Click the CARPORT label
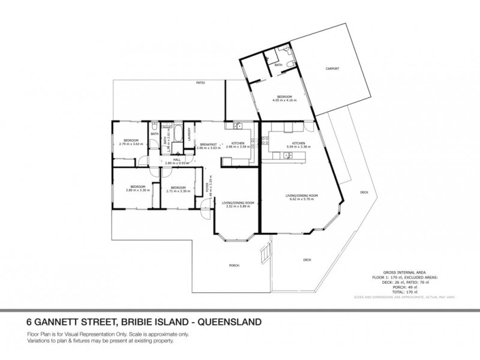332,68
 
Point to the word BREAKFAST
208,143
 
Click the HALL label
177,159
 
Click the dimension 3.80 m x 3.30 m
137,190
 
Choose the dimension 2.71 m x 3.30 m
178,191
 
